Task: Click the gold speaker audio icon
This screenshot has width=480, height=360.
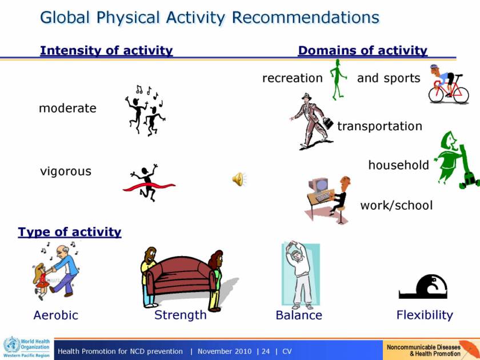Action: click(239, 179)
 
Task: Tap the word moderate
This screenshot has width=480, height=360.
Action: click(67, 109)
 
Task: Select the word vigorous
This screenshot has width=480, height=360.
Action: click(66, 171)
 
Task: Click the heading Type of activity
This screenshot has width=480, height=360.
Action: click(70, 232)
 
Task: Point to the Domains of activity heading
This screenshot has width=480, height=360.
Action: click(363, 50)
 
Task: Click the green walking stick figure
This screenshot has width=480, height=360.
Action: click(338, 79)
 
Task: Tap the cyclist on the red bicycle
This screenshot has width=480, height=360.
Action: click(448, 84)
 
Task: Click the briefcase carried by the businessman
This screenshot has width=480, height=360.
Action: click(328, 123)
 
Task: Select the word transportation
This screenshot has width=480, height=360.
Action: click(379, 126)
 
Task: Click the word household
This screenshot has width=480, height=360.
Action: click(399, 165)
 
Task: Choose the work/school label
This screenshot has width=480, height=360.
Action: click(397, 205)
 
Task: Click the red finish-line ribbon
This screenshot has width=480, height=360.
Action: click(149, 186)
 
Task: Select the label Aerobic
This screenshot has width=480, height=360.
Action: click(56, 315)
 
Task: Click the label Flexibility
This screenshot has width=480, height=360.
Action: click(425, 315)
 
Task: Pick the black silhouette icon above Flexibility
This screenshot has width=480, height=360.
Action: click(423, 286)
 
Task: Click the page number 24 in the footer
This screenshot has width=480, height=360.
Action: click(265, 351)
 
